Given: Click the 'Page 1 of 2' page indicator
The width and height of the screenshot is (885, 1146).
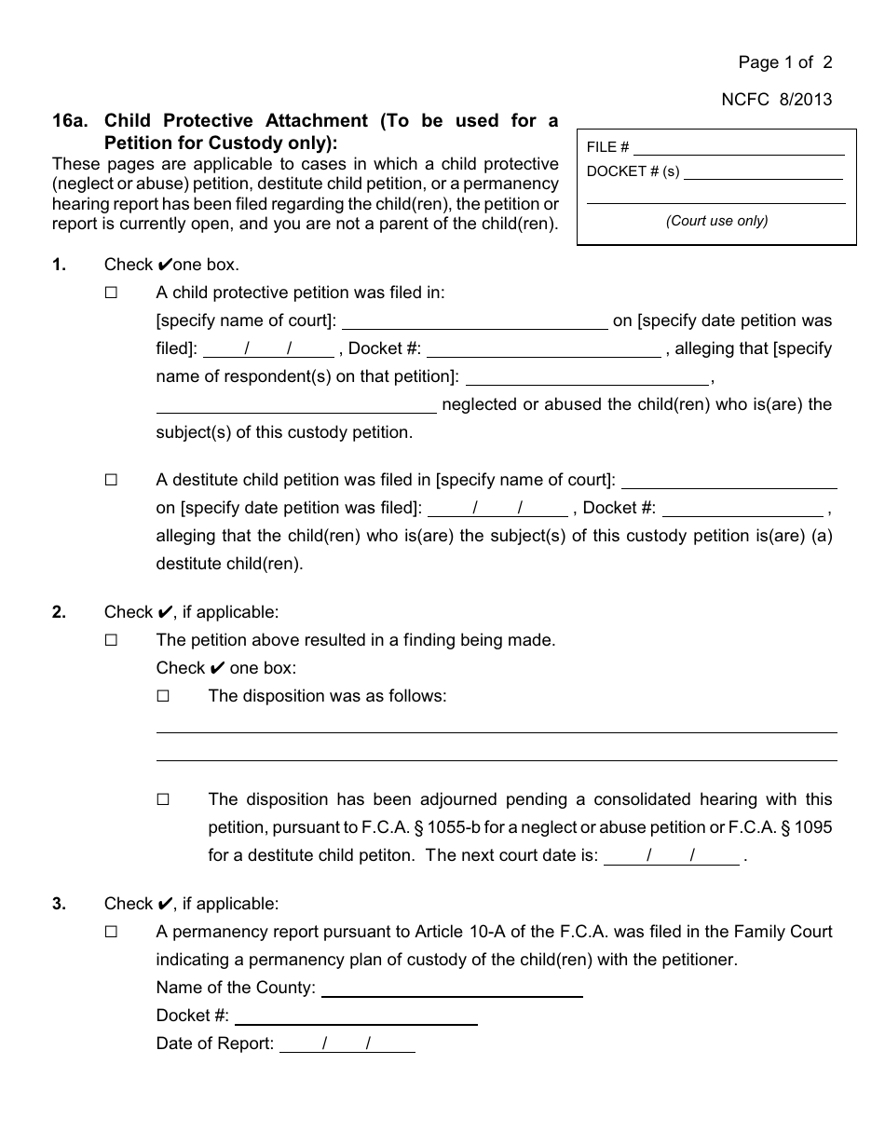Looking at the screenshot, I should tap(784, 62).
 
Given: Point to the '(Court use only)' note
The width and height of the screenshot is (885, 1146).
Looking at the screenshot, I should tap(716, 221).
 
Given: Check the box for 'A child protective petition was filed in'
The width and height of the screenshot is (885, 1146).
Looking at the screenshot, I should tap(112, 293).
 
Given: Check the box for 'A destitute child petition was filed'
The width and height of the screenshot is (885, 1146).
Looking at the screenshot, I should tap(112, 480).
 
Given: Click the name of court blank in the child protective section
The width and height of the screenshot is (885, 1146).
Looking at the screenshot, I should tap(475, 322).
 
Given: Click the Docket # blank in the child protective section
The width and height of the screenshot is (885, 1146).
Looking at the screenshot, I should tap(543, 350).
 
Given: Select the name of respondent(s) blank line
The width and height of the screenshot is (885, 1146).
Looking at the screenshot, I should tap(587, 378).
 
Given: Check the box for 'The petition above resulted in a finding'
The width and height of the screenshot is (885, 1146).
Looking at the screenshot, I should tap(112, 640).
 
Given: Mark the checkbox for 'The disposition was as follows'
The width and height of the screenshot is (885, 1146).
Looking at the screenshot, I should tap(164, 696).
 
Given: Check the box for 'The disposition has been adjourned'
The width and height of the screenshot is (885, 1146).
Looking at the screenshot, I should tap(164, 799).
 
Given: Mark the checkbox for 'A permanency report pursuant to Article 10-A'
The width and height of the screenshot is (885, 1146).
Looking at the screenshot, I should tap(112, 932).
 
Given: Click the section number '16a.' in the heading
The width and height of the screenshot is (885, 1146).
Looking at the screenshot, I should tap(69, 120).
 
